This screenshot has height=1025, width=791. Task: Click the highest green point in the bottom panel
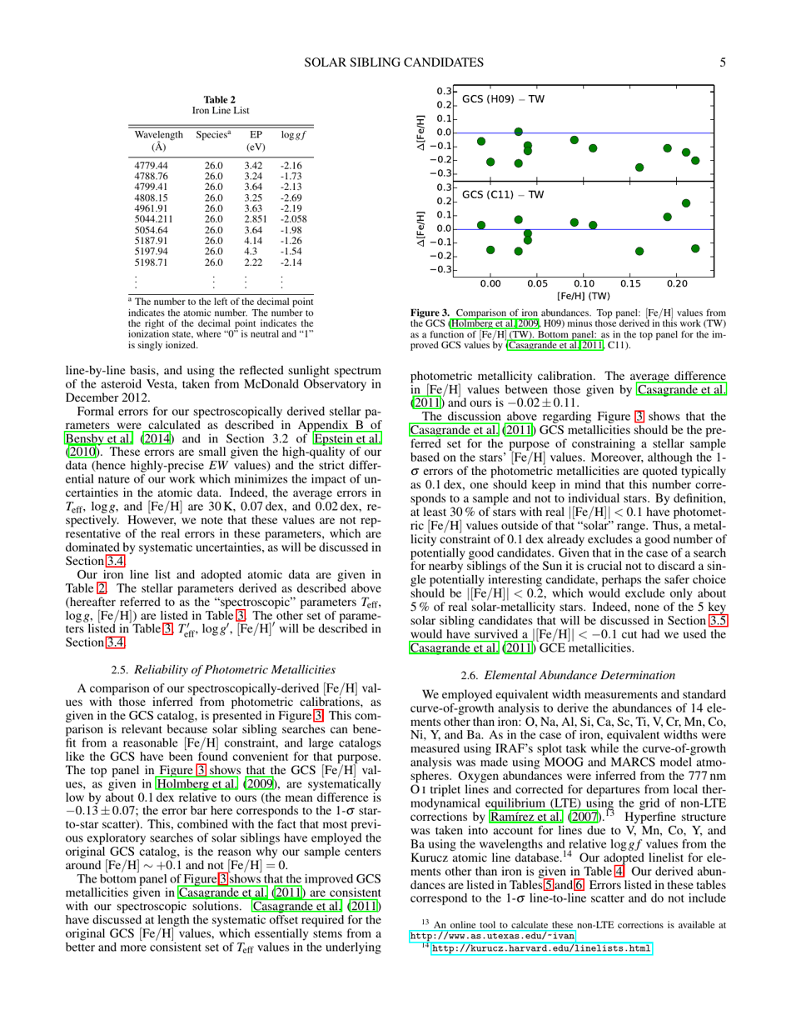click(686, 202)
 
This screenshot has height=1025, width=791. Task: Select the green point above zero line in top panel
click(519, 132)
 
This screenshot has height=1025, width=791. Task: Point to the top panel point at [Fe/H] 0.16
click(639, 167)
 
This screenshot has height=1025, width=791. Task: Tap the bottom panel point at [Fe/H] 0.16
click(639, 251)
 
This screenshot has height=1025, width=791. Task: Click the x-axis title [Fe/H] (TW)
click(584, 296)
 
